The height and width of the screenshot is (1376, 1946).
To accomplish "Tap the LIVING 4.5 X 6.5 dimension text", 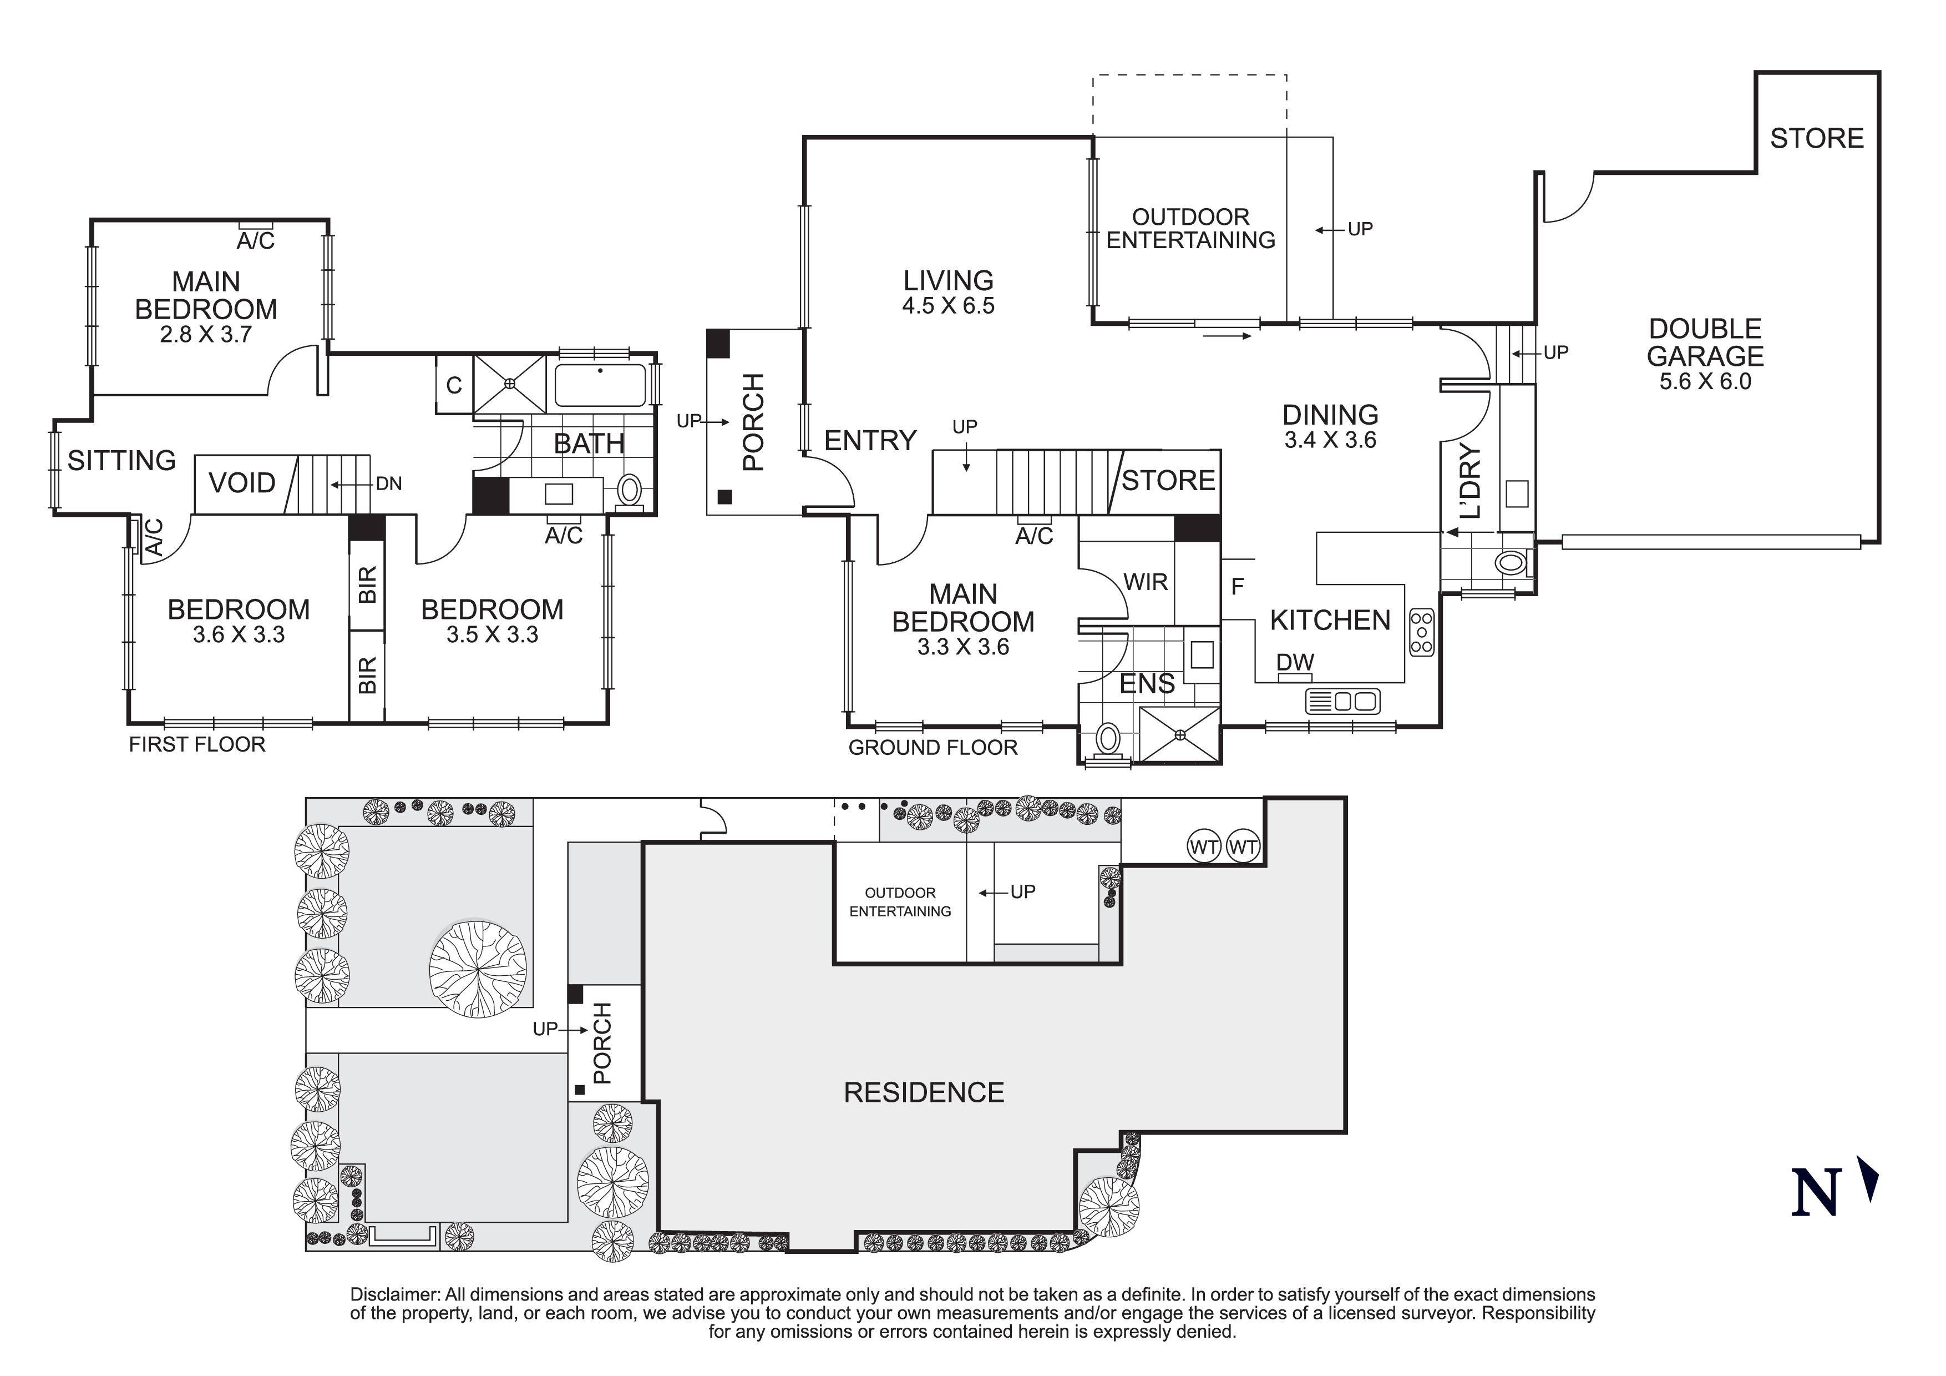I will tap(947, 306).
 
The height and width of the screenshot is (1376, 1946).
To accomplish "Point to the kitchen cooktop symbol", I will tap(1421, 632).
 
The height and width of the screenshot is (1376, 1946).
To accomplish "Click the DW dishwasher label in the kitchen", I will tap(1294, 662).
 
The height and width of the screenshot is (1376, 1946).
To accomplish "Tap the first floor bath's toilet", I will tap(629, 490).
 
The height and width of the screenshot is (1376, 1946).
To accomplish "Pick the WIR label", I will tap(1145, 582).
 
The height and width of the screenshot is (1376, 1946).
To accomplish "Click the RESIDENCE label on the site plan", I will tap(924, 1092).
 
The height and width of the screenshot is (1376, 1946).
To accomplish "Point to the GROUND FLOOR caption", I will tap(933, 748).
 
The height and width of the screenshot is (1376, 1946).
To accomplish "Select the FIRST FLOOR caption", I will tap(196, 744).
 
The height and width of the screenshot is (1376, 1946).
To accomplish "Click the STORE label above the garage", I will tap(1816, 138).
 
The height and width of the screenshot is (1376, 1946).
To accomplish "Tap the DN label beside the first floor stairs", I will tap(388, 484).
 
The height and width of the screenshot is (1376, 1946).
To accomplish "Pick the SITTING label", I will tap(121, 460).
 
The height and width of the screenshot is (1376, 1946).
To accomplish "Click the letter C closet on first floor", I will tap(453, 386).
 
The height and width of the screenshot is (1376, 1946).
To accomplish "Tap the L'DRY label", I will tap(1471, 481).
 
